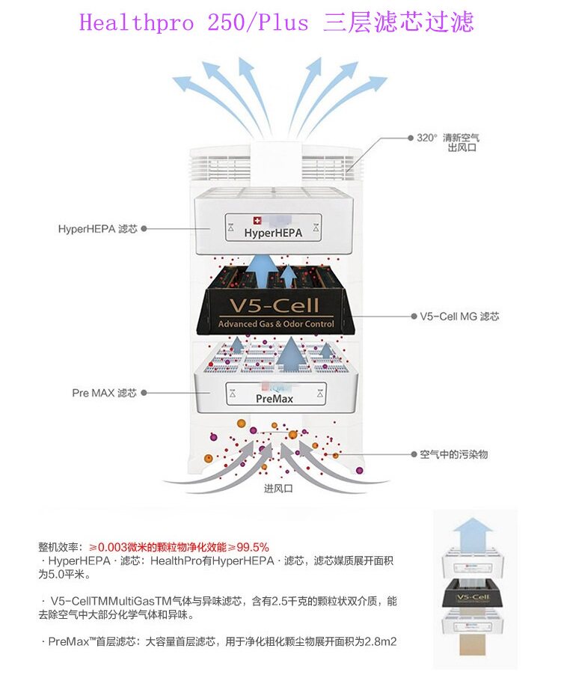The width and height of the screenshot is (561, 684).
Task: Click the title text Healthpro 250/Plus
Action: (194, 22)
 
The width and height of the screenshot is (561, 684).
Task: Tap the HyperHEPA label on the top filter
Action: (273, 233)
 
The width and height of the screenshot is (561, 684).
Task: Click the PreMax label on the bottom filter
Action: (275, 399)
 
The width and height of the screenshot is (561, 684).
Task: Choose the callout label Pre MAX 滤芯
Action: (104, 393)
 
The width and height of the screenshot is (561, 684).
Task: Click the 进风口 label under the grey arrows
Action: (278, 488)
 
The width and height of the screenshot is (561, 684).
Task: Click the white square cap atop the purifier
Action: (276, 162)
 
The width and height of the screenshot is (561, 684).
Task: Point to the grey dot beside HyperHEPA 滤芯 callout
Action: (144, 228)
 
